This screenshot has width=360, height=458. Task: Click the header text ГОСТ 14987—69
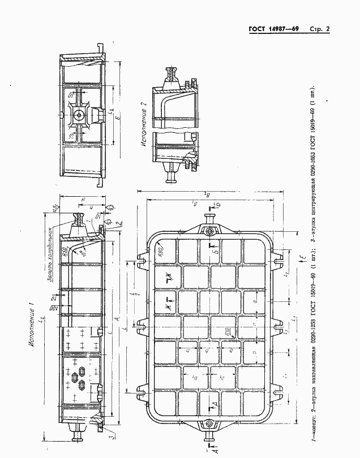pyautogui.click(x=273, y=29)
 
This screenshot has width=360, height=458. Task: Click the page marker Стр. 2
pyautogui.click(x=320, y=29)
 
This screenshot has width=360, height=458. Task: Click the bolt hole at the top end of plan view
pyautogui.click(x=210, y=231)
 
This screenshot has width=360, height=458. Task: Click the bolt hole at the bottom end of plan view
pyautogui.click(x=210, y=425)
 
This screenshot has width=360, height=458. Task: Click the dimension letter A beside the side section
pyautogui.click(x=116, y=319)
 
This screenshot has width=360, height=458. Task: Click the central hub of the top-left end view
pyautogui.click(x=78, y=114)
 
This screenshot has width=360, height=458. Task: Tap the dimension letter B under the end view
pyautogui.click(x=117, y=119)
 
